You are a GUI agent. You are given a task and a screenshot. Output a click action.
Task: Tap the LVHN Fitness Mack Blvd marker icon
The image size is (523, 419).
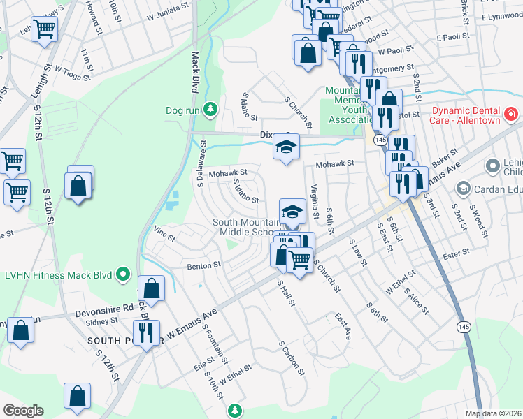coord(124,274)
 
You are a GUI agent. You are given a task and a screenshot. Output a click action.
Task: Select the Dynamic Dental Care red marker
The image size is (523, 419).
coord(512,112)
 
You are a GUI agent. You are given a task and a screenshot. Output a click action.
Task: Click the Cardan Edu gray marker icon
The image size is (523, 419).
coord(461,189)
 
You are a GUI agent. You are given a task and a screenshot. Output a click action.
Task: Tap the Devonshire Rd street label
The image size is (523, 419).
coord(109,307)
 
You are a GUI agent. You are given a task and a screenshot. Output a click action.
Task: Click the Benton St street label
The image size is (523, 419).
coord(203,265)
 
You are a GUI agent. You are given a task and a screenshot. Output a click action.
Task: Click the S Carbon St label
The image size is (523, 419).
coord(292,358)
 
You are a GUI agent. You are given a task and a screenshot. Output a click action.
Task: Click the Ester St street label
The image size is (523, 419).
coord(456,255)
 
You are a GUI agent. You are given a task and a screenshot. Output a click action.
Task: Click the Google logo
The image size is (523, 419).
coord(22,411)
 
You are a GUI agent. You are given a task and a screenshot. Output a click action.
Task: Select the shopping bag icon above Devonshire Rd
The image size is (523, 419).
coord(151,288)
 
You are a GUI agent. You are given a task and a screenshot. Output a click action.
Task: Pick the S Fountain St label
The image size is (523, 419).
coord(215,343)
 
